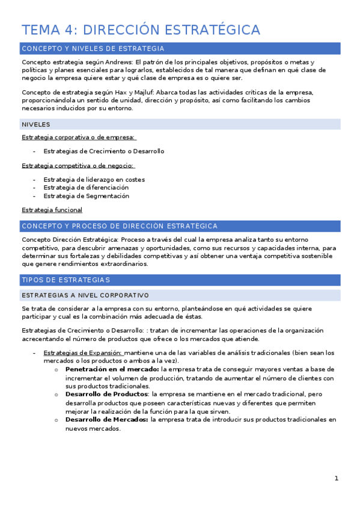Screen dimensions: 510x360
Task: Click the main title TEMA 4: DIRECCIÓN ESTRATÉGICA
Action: pos(141,30)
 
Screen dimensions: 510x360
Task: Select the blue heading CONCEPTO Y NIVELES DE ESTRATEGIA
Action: pos(93,49)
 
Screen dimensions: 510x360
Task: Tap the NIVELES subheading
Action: pos(35,124)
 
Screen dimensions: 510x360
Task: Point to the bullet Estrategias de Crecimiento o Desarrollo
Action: pos(103,151)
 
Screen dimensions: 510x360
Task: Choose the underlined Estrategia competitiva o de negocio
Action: pos(78,165)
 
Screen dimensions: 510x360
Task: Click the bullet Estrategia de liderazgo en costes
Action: pos(94,179)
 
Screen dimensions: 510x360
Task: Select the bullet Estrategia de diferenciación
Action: pos(86,188)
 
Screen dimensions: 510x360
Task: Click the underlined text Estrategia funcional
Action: pos(52,210)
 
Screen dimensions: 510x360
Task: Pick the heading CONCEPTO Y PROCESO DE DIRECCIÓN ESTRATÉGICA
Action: pos(119,226)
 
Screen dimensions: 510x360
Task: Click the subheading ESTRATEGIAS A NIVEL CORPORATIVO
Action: pos(85,295)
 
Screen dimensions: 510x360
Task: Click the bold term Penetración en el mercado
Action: pos(112,369)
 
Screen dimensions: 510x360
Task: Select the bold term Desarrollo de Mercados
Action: pos(106,420)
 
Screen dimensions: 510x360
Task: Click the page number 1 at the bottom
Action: pos(337,479)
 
